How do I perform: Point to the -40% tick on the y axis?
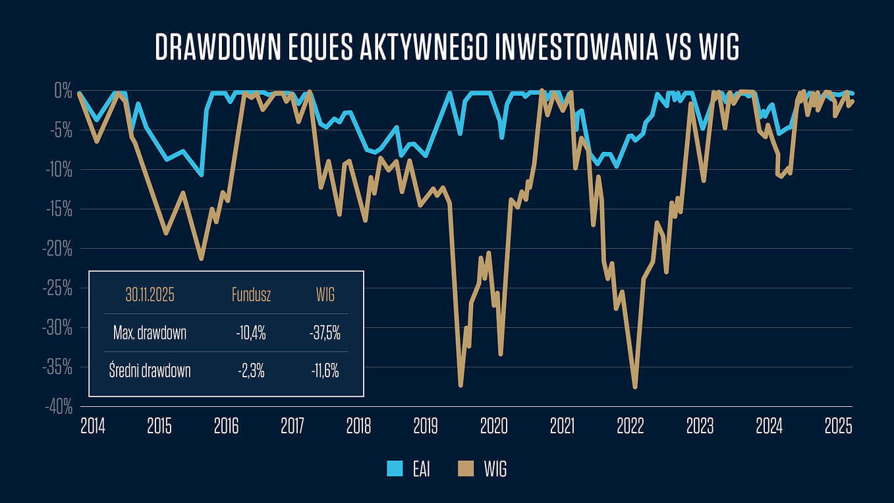59,408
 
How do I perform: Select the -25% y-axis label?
59,288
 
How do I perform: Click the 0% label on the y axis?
63,91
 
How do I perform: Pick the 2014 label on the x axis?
92,426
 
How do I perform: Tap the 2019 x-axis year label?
426,426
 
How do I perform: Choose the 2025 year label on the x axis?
839,426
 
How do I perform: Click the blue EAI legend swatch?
395,469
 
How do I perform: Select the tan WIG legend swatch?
465,469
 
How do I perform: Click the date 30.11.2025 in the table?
150,295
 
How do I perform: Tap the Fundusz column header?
251,295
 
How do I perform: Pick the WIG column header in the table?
325,295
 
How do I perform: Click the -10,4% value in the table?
251,333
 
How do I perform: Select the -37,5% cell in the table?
325,333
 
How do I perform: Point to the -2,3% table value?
251,371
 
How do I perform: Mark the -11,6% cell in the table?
325,371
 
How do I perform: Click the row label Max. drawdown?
150,333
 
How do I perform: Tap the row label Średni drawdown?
150,371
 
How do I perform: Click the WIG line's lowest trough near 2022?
635,387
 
